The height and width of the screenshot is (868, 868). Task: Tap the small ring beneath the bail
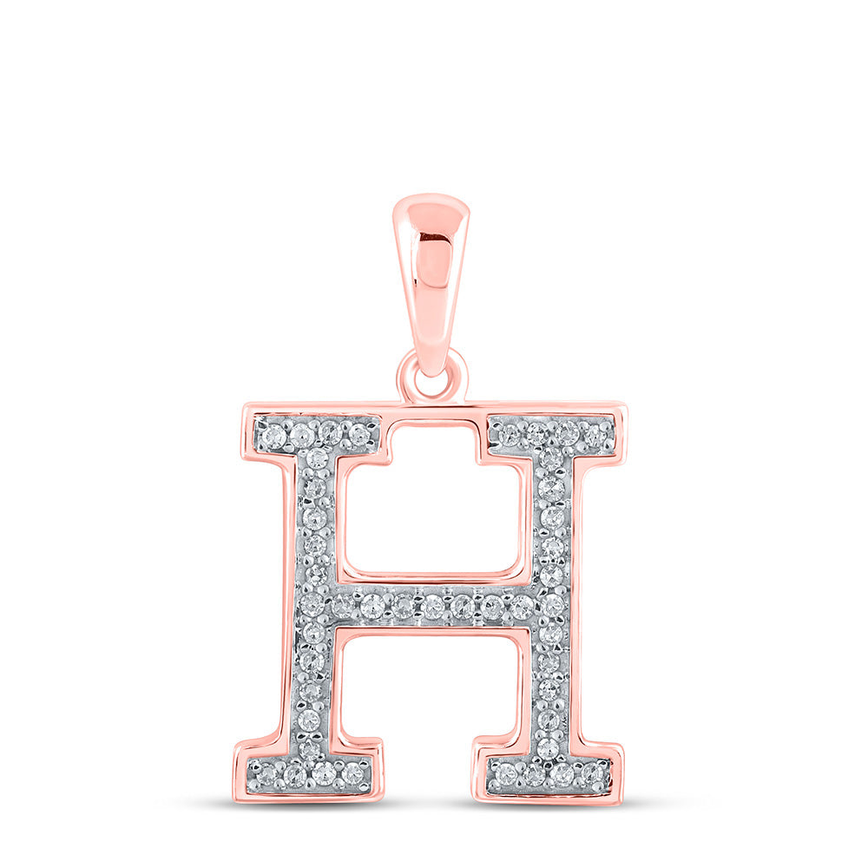[431, 376]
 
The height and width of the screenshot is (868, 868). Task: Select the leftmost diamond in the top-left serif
[273, 431]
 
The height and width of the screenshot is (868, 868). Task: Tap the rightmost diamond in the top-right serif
[595, 432]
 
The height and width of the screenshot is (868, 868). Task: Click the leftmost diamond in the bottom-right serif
[505, 771]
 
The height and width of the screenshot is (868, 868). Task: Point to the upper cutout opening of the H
[431, 512]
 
